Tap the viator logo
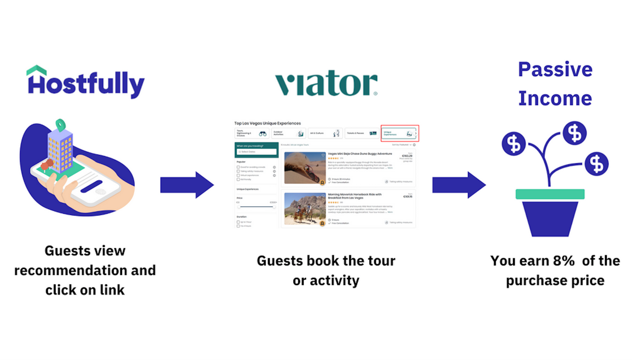[326, 83]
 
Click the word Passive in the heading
[555, 70]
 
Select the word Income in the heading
[555, 98]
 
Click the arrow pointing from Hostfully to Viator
[187, 185]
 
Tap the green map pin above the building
[60, 125]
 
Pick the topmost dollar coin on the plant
[574, 133]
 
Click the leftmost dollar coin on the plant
[513, 143]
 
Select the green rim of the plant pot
[550, 194]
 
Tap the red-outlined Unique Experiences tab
[399, 133]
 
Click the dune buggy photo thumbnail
[305, 168]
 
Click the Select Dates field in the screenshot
[256, 152]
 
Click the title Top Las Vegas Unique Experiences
[267, 123]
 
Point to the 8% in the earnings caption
[564, 261]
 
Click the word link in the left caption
[112, 290]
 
